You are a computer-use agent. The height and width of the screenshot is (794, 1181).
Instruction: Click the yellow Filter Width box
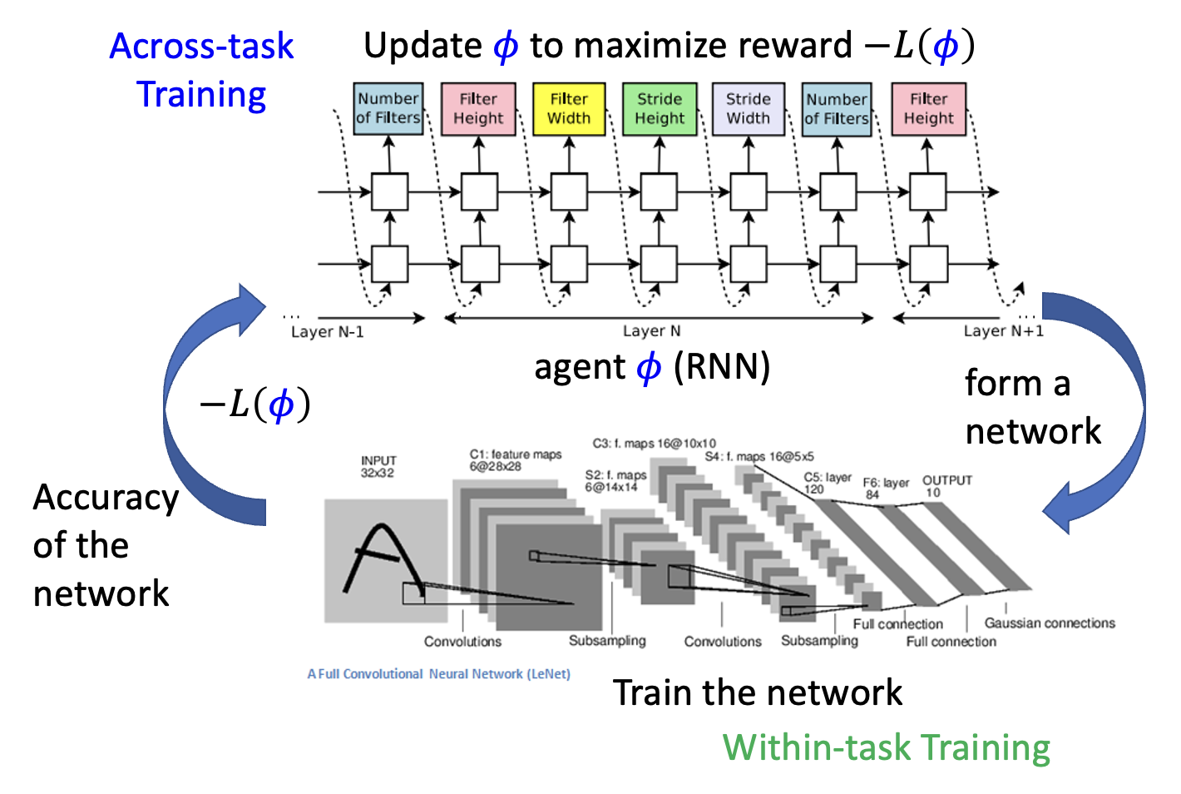click(x=569, y=109)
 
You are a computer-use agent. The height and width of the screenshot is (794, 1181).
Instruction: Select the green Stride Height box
click(x=660, y=109)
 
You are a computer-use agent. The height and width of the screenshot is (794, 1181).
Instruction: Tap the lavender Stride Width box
click(x=749, y=109)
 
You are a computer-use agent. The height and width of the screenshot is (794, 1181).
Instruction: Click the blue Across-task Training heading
click(x=202, y=70)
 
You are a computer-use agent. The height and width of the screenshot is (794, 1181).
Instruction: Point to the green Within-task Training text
click(x=887, y=747)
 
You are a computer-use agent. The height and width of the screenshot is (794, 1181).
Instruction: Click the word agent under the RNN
click(x=580, y=367)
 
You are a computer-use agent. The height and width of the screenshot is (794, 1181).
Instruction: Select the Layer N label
click(x=652, y=331)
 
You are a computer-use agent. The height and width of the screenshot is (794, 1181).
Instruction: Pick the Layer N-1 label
click(x=328, y=332)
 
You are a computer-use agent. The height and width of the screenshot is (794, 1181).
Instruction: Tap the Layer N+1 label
click(x=1003, y=331)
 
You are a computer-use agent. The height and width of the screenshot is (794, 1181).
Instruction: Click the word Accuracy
click(x=106, y=498)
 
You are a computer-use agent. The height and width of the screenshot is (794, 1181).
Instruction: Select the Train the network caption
click(x=758, y=692)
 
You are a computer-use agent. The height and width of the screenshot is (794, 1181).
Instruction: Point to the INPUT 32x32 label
click(x=378, y=467)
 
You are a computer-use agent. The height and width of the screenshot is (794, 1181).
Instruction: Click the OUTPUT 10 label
click(x=946, y=486)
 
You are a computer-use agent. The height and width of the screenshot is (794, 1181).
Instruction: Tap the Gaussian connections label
click(x=1050, y=623)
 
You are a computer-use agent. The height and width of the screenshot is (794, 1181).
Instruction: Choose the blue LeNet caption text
click(x=439, y=674)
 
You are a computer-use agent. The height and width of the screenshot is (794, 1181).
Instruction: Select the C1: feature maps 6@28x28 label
click(x=516, y=460)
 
